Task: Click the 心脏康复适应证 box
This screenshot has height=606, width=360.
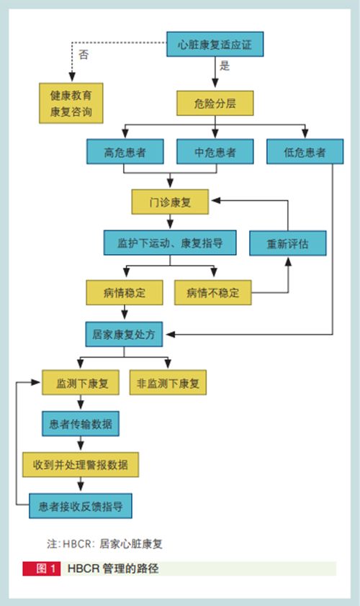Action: (215, 44)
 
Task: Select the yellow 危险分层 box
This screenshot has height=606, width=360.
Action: (215, 103)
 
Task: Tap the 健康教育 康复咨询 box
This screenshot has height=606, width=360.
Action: (71, 103)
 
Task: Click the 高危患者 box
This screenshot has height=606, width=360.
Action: (125, 151)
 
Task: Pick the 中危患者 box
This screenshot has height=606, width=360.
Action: (215, 151)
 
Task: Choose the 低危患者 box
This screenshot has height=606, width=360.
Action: (305, 151)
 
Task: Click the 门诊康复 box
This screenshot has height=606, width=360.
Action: (170, 202)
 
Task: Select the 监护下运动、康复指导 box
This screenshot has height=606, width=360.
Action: (170, 243)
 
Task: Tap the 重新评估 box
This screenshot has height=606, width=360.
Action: (288, 243)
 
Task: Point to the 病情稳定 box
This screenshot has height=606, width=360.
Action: (125, 293)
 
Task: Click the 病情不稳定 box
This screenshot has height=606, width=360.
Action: (212, 293)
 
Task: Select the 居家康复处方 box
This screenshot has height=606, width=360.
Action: (124, 334)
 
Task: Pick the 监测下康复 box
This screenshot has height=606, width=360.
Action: (81, 383)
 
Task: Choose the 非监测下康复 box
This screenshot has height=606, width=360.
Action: (168, 383)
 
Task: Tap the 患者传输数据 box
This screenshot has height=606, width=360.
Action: (81, 424)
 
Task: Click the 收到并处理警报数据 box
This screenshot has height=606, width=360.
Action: (81, 464)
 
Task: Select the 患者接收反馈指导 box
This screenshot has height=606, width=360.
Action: (81, 505)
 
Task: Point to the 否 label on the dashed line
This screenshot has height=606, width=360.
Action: (84, 54)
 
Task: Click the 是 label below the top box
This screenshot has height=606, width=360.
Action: (225, 65)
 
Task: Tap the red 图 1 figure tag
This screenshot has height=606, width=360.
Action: (42, 568)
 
